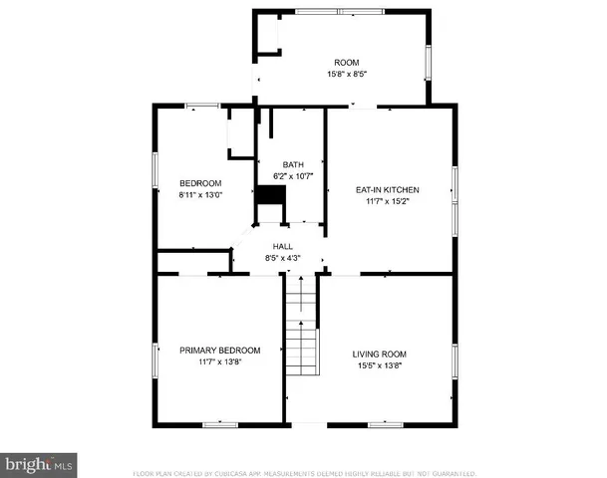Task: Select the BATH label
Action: pos(293,165)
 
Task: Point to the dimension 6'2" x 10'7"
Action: pos(293,176)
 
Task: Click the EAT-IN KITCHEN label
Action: pos(388,189)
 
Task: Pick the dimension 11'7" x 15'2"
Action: pos(388,201)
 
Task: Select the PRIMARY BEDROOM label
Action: pos(219,350)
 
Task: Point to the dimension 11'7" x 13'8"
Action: pos(219,361)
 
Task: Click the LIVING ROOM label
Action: pos(380,354)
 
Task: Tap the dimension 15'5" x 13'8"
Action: pos(380,365)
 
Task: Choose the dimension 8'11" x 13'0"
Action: pos(201,195)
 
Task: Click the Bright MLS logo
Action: pos(39,464)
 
